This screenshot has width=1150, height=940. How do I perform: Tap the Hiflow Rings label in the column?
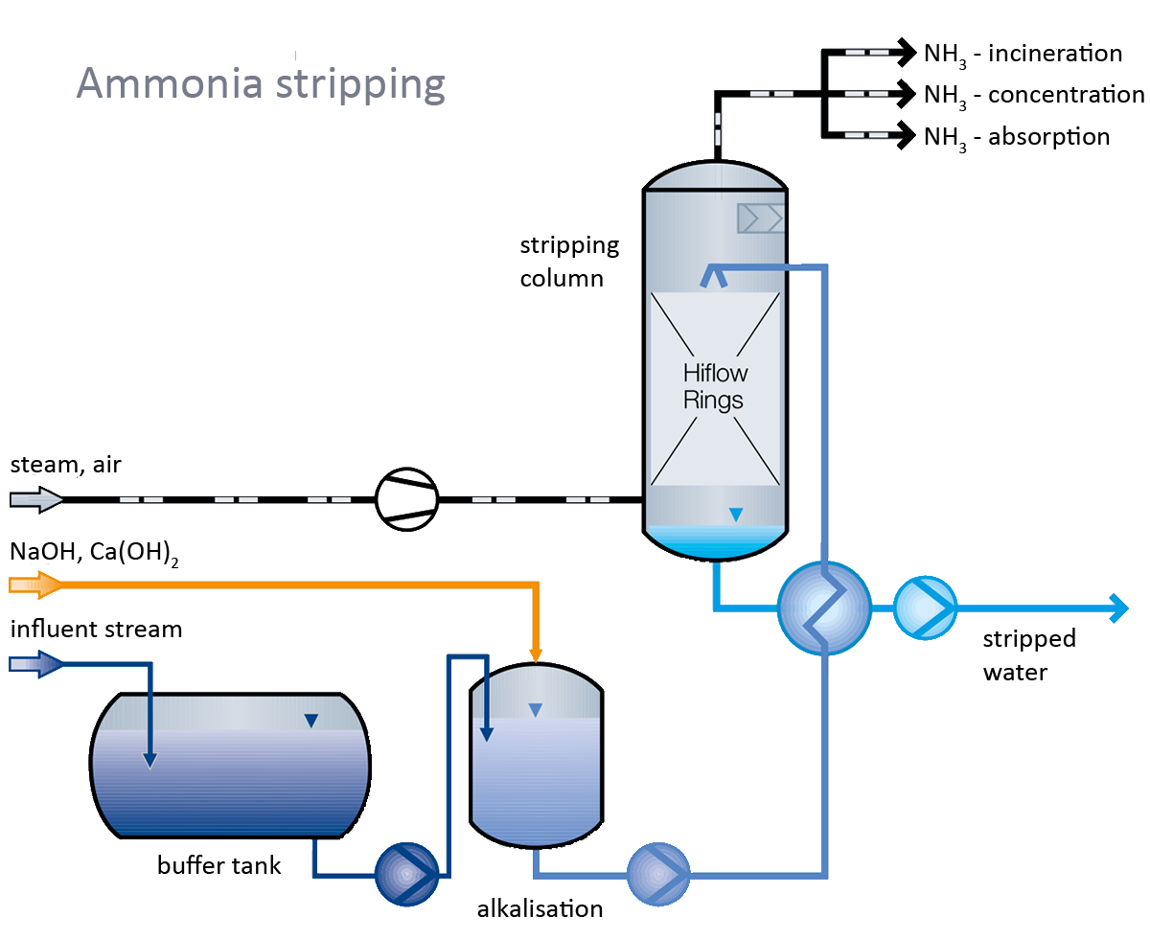click(714, 386)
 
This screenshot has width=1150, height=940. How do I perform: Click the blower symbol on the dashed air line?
click(406, 498)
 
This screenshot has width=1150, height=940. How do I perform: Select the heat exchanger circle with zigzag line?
click(823, 607)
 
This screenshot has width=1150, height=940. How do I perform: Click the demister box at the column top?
click(760, 218)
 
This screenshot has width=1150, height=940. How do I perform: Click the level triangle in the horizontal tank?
click(310, 722)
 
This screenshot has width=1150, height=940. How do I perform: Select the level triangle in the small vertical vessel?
click(536, 710)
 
